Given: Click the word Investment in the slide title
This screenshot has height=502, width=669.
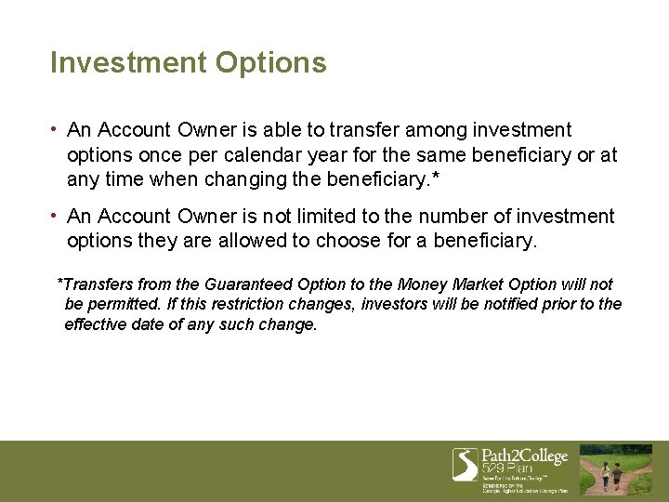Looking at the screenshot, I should pos(128,62).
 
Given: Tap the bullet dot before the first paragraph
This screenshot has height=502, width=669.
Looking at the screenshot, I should pos(57,129).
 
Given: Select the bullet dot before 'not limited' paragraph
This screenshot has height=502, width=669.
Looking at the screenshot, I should pos(57,216).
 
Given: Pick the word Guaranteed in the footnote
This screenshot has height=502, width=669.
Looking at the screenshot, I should pos(253,284).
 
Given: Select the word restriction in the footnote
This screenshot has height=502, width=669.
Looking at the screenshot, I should pos(231,305).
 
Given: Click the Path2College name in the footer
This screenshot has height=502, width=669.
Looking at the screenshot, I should pos(524,456).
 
